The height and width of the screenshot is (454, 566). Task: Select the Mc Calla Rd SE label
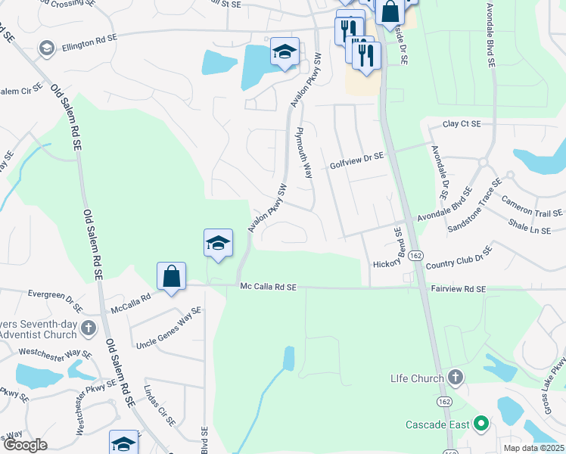pos(269,287)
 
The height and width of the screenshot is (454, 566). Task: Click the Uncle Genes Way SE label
pos(168,328)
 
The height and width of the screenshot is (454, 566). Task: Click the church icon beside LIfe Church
pos(455,376)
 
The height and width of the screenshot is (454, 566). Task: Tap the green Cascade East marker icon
pos(480,424)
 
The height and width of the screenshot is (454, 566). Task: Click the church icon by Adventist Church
pos(89,328)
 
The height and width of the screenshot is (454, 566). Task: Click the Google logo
pos(25,446)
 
